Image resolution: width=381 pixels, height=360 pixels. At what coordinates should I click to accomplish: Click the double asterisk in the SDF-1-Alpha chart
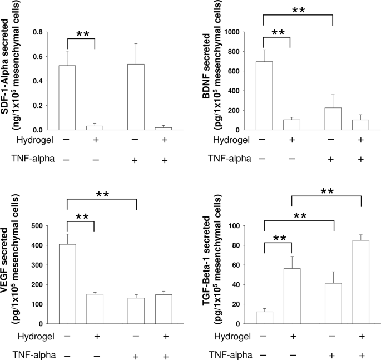(x=82, y=34)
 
